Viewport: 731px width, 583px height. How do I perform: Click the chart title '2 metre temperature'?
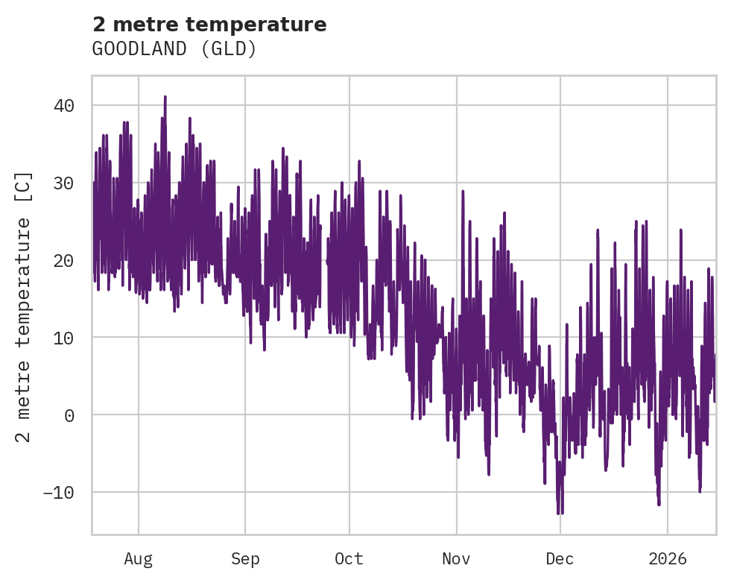click(209, 25)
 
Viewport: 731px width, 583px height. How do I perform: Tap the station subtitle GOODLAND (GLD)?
click(174, 49)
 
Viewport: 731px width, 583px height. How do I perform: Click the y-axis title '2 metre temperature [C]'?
click(25, 307)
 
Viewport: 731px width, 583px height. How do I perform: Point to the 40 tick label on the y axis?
click(64, 105)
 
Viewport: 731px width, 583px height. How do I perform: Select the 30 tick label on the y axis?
click(64, 183)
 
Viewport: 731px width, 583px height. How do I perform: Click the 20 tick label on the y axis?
click(64, 260)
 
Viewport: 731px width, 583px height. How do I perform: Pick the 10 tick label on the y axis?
click(64, 338)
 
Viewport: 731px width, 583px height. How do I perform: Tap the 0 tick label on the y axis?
click(69, 415)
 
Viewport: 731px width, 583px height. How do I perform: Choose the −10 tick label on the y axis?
click(59, 493)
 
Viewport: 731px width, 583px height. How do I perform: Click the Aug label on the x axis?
click(138, 558)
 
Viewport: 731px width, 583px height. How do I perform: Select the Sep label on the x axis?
click(245, 558)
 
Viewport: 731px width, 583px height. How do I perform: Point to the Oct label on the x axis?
click(349, 558)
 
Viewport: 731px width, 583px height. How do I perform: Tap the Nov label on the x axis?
click(456, 558)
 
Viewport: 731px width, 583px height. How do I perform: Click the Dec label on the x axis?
click(560, 558)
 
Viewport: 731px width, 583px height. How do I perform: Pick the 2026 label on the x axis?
click(667, 558)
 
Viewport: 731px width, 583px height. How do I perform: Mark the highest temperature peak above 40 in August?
click(165, 97)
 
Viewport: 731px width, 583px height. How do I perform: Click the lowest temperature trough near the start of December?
click(558, 513)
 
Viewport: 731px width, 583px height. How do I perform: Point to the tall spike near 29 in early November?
click(463, 191)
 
